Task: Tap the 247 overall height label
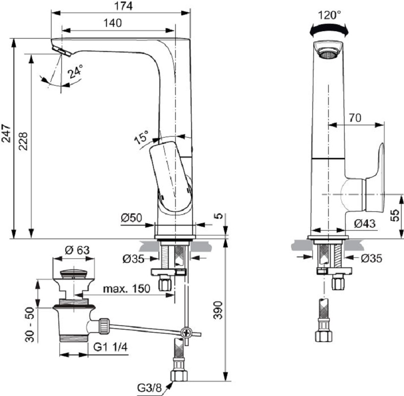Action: (5, 133)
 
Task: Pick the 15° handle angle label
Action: (141, 137)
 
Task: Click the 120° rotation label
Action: (329, 15)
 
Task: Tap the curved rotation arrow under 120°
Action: (329, 31)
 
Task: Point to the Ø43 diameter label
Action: (365, 224)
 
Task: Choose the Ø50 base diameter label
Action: (131, 217)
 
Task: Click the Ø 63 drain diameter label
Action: (77, 250)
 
